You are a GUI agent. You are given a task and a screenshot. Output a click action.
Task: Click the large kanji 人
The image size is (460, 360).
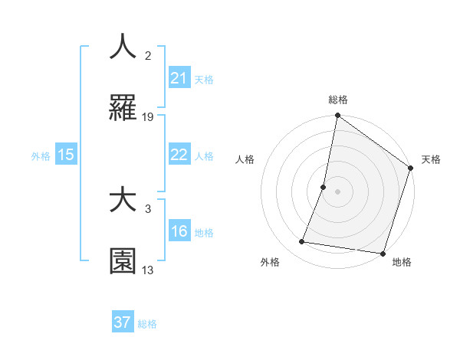(x=123, y=47)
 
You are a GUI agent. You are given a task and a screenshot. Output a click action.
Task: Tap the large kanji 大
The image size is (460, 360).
(x=123, y=200)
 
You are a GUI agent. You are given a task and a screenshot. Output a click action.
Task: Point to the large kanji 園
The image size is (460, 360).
(x=123, y=261)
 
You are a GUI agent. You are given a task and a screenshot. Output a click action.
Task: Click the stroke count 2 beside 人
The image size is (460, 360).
(x=148, y=56)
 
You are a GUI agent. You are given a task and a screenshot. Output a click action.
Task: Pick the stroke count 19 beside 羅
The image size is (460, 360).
(x=148, y=117)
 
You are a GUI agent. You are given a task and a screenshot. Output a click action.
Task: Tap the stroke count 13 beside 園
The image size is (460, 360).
(x=148, y=270)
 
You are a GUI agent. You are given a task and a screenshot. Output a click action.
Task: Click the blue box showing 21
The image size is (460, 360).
(x=179, y=79)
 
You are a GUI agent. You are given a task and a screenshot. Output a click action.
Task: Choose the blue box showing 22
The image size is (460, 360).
(x=179, y=155)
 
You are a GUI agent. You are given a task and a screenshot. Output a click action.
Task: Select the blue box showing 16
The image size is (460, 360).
(x=179, y=231)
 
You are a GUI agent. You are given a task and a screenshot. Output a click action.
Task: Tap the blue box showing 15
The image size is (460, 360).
(x=66, y=155)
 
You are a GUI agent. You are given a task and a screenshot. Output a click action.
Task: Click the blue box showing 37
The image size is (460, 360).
(x=123, y=322)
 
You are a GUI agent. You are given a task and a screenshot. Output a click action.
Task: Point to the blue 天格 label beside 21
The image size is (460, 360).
(x=204, y=80)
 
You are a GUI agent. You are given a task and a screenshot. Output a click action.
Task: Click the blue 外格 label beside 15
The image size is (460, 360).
(x=41, y=155)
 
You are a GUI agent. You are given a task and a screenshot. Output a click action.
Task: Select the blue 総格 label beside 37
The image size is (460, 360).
(x=147, y=323)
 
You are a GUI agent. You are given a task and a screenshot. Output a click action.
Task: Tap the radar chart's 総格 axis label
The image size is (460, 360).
(x=338, y=100)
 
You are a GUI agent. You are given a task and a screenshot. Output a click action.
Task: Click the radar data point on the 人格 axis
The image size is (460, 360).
(x=324, y=187)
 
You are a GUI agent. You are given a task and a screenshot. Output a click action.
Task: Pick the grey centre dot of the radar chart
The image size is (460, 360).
(x=338, y=191)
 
